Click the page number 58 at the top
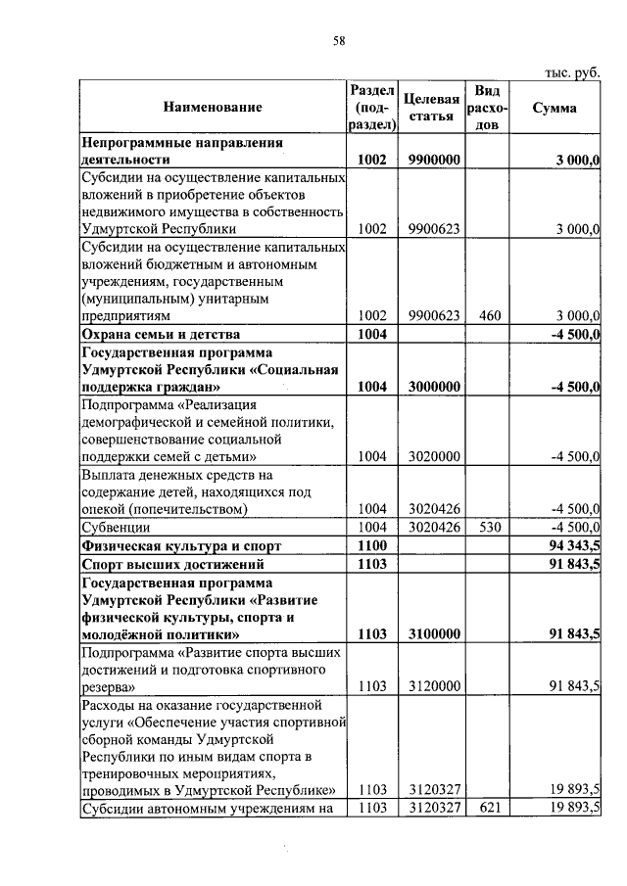point(339,40)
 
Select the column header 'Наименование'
point(213,107)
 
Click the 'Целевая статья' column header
point(432,108)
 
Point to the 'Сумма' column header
point(554,108)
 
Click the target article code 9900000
point(432,159)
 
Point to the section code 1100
point(373,545)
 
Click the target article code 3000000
point(432,387)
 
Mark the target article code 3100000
point(432,634)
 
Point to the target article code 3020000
point(432,456)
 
